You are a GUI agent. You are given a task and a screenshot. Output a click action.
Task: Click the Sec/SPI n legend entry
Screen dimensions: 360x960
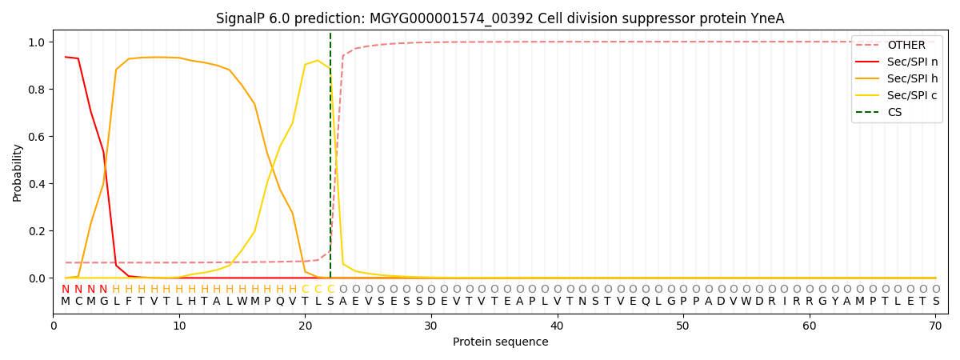point(912,62)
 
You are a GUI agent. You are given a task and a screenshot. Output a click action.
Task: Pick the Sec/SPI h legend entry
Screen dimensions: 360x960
point(912,78)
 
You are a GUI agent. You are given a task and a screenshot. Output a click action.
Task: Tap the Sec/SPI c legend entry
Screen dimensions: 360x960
point(912,95)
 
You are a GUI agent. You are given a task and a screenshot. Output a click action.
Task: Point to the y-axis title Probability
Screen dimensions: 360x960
point(18,172)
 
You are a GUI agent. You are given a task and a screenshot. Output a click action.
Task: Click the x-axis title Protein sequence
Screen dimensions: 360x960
point(501,342)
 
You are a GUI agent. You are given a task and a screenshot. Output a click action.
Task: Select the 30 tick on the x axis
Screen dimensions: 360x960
point(431,326)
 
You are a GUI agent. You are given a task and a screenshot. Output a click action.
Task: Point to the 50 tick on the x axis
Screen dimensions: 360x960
point(683,326)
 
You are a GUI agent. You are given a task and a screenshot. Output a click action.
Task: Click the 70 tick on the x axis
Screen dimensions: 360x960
point(935,326)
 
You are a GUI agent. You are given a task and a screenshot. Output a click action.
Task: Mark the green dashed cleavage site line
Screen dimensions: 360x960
point(330,160)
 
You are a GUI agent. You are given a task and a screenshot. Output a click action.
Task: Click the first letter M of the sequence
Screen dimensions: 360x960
point(66,301)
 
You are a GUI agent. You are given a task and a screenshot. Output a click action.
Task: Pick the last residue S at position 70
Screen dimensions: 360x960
point(935,301)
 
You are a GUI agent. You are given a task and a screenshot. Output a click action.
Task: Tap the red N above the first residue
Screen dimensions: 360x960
point(66,290)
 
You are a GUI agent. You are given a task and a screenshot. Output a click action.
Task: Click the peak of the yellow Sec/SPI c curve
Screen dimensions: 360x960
point(318,61)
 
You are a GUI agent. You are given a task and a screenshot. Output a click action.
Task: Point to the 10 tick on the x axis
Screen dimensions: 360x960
point(179,326)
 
